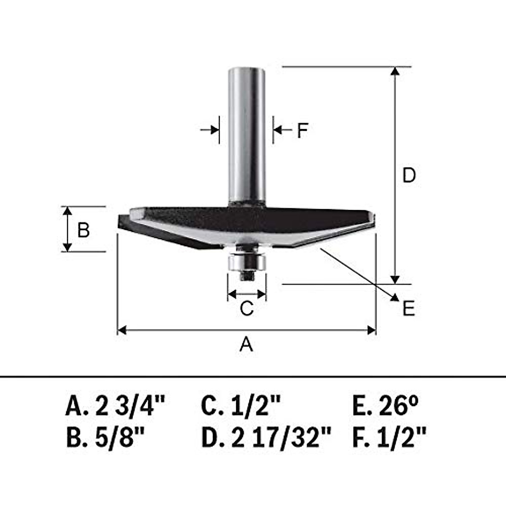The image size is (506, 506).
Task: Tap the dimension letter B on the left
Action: click(x=83, y=230)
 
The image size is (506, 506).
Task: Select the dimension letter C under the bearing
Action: click(x=247, y=308)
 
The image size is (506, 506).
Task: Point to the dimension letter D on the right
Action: click(x=409, y=175)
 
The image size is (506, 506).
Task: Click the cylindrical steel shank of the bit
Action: click(x=247, y=135)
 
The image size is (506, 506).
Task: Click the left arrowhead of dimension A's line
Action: click(x=121, y=330)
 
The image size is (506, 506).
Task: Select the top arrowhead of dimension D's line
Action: click(x=395, y=71)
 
